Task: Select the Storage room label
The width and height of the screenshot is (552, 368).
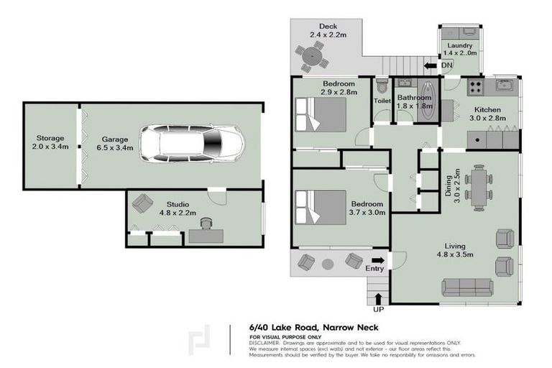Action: [x=51, y=142]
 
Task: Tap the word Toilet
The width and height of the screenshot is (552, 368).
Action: [x=382, y=101]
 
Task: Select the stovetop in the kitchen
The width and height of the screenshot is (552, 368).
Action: [x=474, y=88]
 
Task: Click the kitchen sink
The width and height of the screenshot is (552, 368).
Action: [x=504, y=86]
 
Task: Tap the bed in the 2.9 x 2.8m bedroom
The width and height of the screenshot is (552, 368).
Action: [x=321, y=114]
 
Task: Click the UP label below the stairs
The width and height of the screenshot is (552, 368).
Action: [x=378, y=310]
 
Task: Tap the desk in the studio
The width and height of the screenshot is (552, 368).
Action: [x=206, y=235]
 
